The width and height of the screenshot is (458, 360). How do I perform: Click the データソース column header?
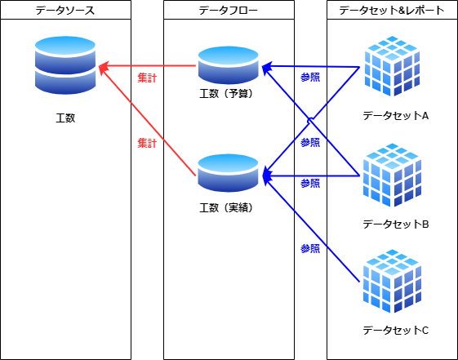pyautogui.click(x=65, y=11)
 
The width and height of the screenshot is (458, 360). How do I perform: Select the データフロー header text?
pyautogui.click(x=229, y=11)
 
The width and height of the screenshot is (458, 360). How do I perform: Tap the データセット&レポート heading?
pyautogui.click(x=392, y=11)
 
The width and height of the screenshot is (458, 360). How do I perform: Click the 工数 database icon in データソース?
pyautogui.click(x=65, y=65)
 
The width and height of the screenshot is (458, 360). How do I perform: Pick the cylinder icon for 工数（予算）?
pyautogui.click(x=229, y=65)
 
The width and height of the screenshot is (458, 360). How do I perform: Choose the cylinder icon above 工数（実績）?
pyautogui.click(x=228, y=173)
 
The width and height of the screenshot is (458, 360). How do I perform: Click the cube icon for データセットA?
pyautogui.click(x=392, y=66)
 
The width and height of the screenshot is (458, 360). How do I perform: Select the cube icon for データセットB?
pyautogui.click(x=392, y=175)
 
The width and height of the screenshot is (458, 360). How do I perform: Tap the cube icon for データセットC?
pyautogui.click(x=392, y=281)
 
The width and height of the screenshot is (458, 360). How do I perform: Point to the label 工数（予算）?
pyautogui.click(x=226, y=94)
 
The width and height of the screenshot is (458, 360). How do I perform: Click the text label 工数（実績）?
pyautogui.click(x=226, y=208)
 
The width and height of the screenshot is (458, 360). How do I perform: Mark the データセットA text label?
pyautogui.click(x=396, y=116)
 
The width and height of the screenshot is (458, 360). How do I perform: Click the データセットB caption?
pyautogui.click(x=396, y=224)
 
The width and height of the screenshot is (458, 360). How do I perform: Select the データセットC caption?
pyautogui.click(x=396, y=331)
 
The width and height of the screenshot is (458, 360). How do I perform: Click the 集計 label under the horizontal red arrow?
pyautogui.click(x=147, y=78)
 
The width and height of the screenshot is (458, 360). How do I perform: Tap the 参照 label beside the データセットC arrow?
pyautogui.click(x=310, y=249)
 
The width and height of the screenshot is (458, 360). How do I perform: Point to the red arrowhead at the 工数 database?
pyautogui.click(x=104, y=67)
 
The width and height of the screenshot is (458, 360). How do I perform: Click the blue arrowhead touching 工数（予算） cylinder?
pyautogui.click(x=266, y=67)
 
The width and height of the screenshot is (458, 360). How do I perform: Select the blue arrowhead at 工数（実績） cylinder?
pyautogui.click(x=267, y=176)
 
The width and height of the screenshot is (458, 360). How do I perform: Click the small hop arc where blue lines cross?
pyautogui.click(x=310, y=120)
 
